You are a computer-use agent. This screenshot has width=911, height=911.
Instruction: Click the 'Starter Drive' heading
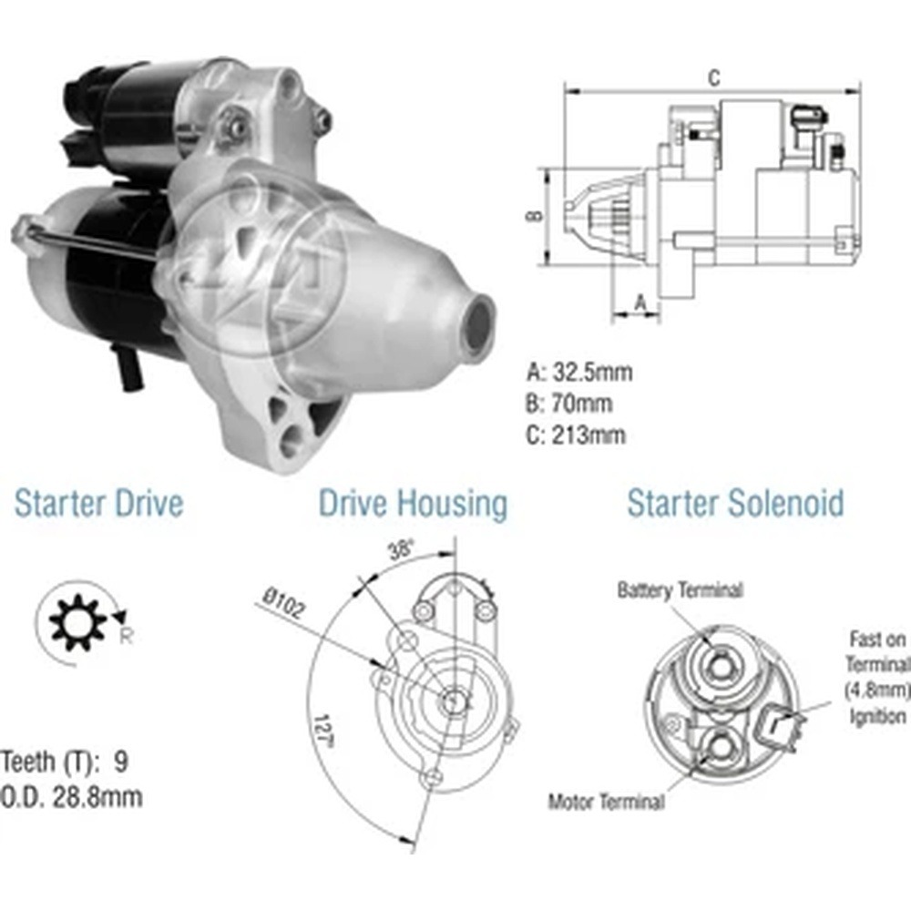point(98,503)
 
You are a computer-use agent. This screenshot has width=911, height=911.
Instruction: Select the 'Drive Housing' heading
point(413,505)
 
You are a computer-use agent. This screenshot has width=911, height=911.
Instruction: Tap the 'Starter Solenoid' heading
point(735,503)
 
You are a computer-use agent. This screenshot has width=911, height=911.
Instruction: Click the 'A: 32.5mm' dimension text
point(579,372)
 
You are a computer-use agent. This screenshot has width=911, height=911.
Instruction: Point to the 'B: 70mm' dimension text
point(568,404)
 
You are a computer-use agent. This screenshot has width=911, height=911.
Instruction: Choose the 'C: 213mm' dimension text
point(576,435)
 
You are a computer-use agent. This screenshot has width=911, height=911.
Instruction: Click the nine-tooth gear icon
point(77,622)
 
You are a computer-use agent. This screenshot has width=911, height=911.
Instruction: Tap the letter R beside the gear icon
point(126,636)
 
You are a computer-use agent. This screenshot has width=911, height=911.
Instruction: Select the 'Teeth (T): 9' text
point(65,762)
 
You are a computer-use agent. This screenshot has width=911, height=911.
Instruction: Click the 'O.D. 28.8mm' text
point(71,797)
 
